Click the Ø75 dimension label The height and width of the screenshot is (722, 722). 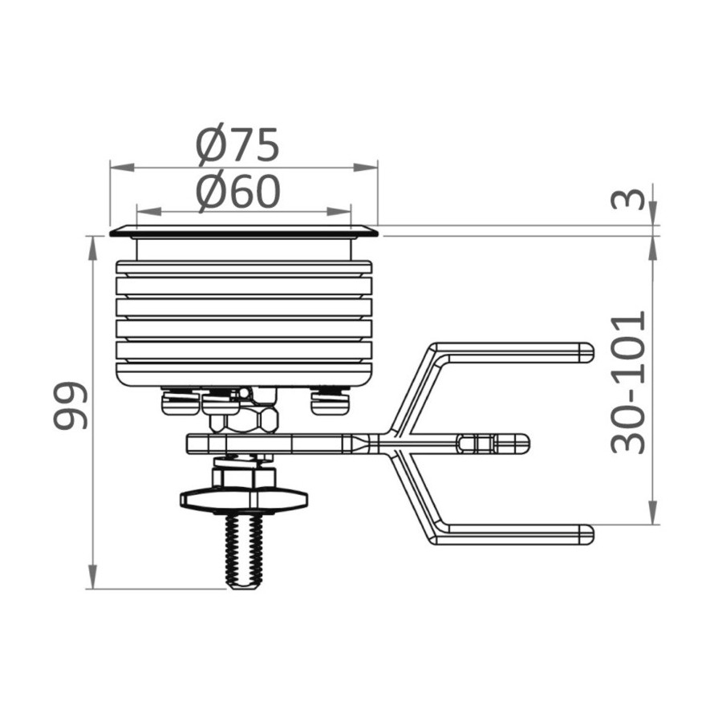[237, 144]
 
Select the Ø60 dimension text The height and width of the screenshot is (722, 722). [238, 191]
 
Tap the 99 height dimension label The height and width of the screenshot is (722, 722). [71, 406]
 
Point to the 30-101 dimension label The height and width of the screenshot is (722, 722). [628, 382]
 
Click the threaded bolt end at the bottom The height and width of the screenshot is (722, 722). [245, 551]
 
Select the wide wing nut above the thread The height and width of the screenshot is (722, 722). [244, 499]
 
